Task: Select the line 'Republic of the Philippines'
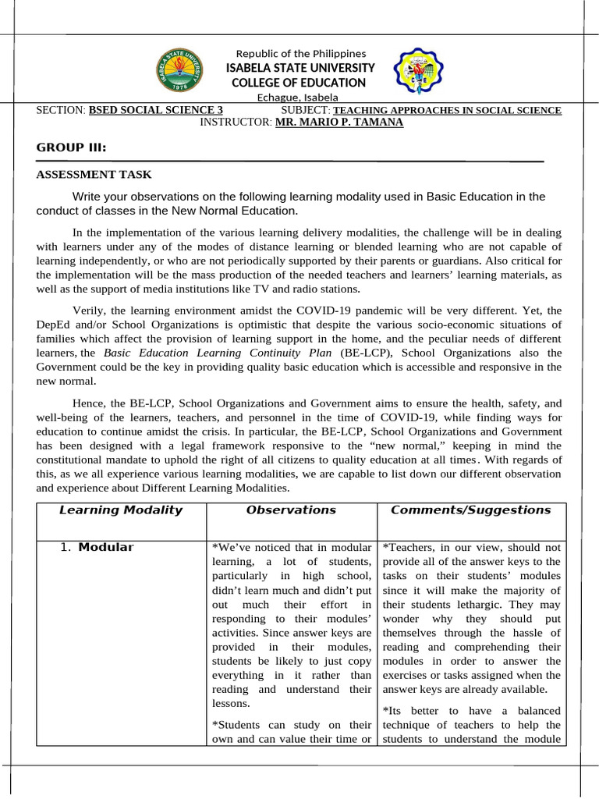click(300, 53)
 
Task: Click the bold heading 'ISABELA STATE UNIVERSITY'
click(300, 68)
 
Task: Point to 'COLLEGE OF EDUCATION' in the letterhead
click(300, 83)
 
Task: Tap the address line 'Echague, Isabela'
click(298, 98)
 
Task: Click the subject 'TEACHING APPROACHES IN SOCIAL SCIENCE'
click(447, 110)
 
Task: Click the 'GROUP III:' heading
click(72, 148)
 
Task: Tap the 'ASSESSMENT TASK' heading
click(94, 175)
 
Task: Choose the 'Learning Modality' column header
click(121, 510)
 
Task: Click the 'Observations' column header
click(291, 510)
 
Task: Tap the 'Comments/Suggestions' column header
click(470, 510)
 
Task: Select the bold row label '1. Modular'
click(97, 547)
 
